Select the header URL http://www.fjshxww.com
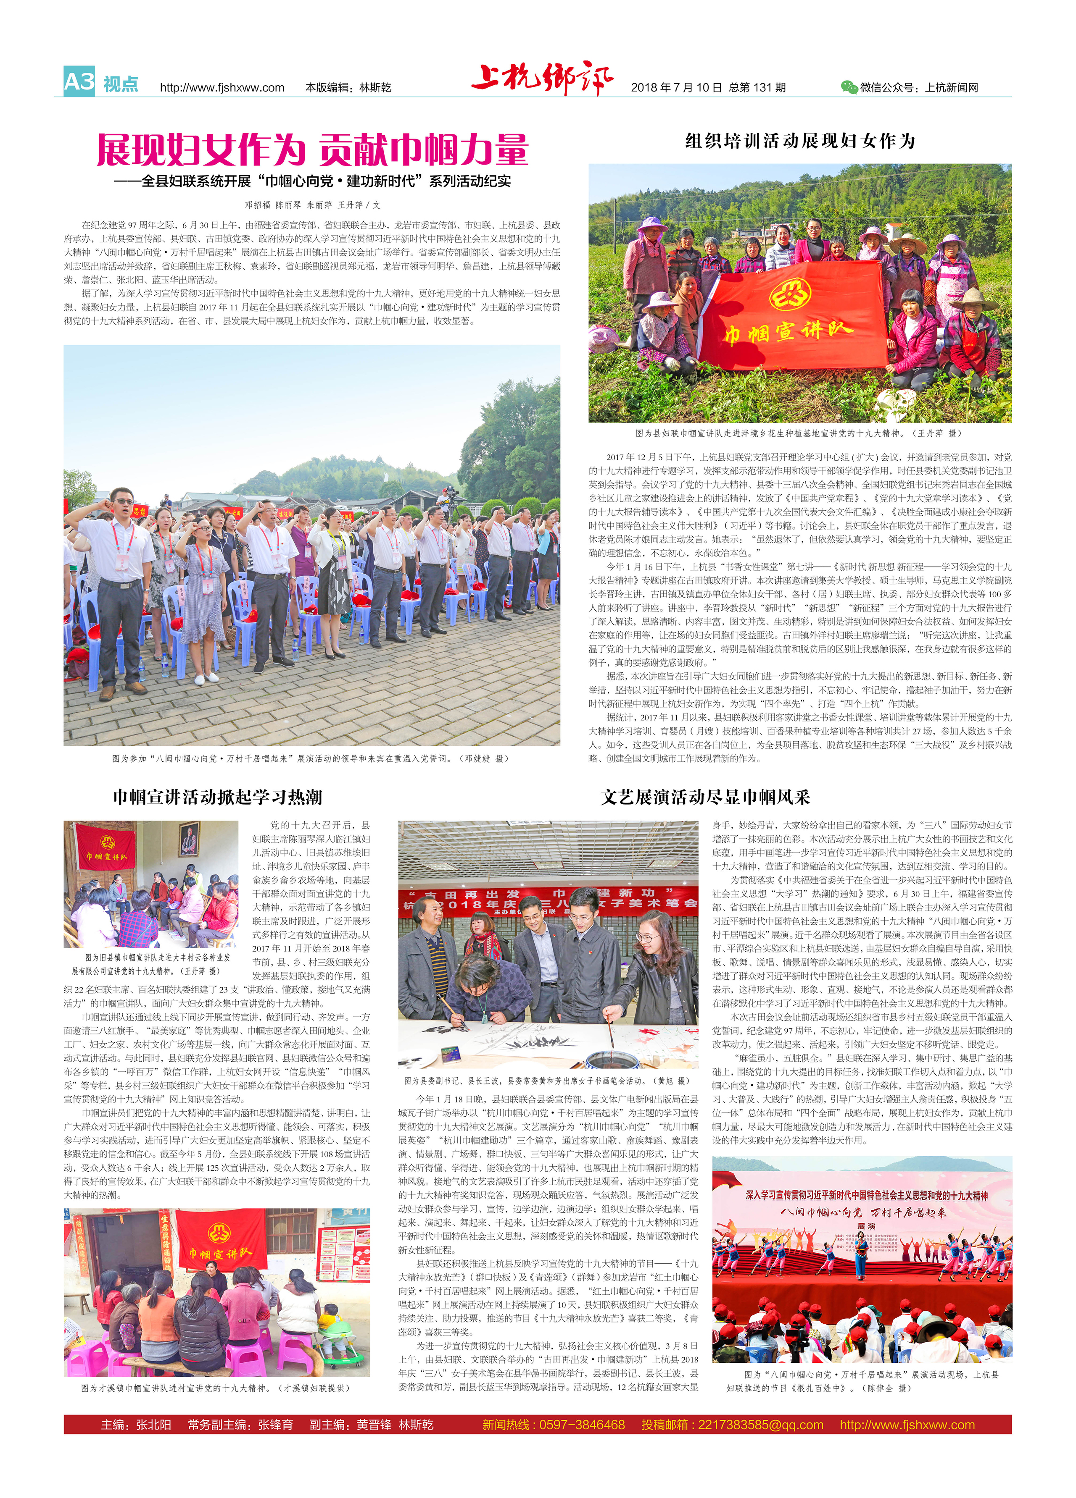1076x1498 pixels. coord(222,88)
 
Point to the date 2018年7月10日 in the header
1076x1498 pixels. coord(676,88)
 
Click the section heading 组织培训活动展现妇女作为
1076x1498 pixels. coord(800,141)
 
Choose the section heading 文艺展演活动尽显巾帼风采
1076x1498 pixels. coord(705,797)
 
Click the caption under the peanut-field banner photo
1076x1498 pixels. coord(800,433)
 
